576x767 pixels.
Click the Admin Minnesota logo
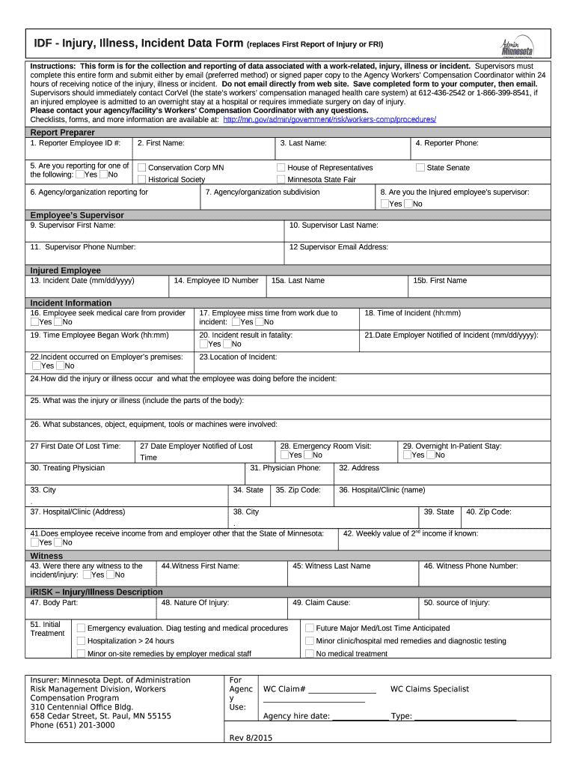tap(517, 46)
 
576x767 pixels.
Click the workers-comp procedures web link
tap(329, 120)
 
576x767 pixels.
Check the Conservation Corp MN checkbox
tap(141, 168)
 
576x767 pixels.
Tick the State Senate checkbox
tap(420, 168)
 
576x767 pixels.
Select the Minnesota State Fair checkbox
tap(281, 180)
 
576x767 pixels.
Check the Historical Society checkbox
tap(141, 180)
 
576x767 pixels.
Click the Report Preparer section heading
tap(62, 133)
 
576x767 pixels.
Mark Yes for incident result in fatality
tap(203, 344)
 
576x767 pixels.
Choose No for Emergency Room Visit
tap(307, 455)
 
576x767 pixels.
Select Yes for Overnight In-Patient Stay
tap(408, 455)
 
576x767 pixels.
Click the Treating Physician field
tap(135, 473)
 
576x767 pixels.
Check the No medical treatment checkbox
tap(309, 653)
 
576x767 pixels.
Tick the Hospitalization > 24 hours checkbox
tap(81, 641)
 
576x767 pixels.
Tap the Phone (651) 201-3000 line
tap(73, 725)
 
